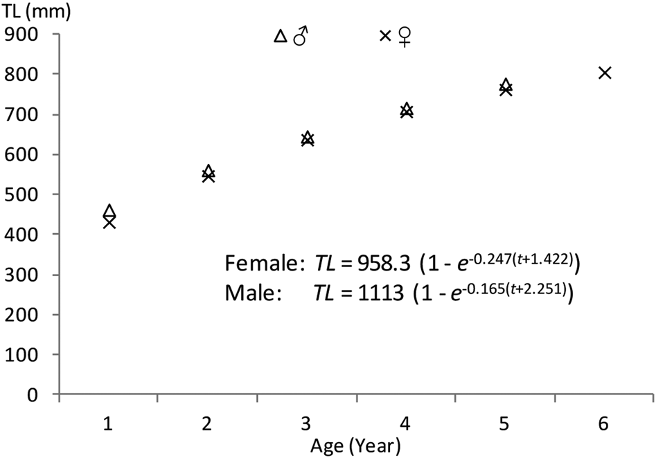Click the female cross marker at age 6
coord(604,73)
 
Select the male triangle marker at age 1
coord(109,212)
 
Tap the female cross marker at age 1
coord(109,222)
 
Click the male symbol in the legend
coord(300,35)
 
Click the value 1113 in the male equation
coord(380,293)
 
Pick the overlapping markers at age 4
coord(407,110)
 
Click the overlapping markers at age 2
coord(209,174)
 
